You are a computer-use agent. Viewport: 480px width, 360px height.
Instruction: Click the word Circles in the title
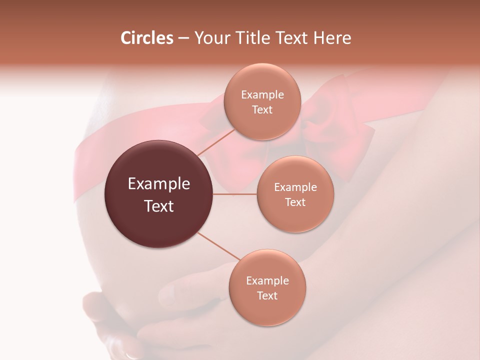point(146,38)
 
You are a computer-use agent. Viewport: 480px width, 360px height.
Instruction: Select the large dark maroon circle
point(158,194)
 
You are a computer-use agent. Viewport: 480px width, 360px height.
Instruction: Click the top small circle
point(262,102)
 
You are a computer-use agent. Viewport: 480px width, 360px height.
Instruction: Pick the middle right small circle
point(295,194)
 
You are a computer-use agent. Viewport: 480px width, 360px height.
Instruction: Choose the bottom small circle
point(267,287)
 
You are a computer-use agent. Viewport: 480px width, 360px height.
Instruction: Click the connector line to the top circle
point(217,141)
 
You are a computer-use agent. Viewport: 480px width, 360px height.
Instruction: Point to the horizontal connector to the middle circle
point(235,194)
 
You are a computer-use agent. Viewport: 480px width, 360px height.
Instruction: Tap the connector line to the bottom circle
point(220,247)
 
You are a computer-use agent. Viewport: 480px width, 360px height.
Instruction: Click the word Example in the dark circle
point(158,184)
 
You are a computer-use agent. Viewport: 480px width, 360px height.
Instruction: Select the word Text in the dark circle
point(158,206)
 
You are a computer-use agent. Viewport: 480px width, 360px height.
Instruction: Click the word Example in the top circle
point(262,95)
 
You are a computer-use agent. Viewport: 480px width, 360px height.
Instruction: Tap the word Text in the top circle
point(262,109)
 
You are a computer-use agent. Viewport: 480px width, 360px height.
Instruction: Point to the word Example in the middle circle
point(295,187)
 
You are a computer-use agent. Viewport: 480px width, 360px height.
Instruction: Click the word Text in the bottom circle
point(267,295)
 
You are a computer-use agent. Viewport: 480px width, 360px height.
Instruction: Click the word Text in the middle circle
point(295,202)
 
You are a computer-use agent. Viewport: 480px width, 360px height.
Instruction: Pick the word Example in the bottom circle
point(267,281)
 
